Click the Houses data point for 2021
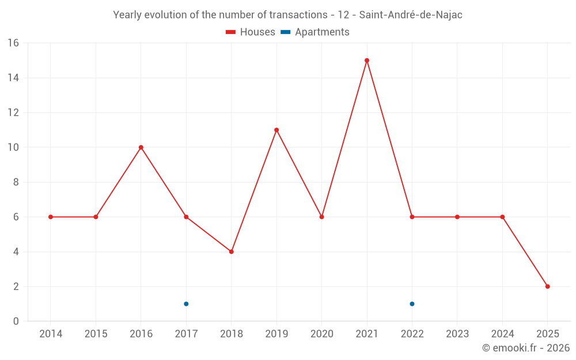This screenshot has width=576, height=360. pyautogui.click(x=367, y=60)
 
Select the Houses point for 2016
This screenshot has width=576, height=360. pyautogui.click(x=141, y=147)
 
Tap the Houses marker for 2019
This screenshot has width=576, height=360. pyautogui.click(x=276, y=130)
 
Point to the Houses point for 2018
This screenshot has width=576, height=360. pyautogui.click(x=232, y=252)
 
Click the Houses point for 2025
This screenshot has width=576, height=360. pyautogui.click(x=548, y=286)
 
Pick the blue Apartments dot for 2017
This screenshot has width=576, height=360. pyautogui.click(x=186, y=304)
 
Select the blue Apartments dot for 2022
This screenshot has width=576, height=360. pyautogui.click(x=412, y=304)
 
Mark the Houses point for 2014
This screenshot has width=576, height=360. pyautogui.click(x=51, y=217)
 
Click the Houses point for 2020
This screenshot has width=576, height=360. pyautogui.click(x=321, y=217)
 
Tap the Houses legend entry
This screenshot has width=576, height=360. pyautogui.click(x=251, y=32)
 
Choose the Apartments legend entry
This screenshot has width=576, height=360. pyautogui.click(x=315, y=32)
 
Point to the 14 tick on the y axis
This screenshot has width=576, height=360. pyautogui.click(x=13, y=78)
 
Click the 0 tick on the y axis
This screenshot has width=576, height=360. pyautogui.click(x=16, y=321)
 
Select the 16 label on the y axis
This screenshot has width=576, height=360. pyautogui.click(x=13, y=43)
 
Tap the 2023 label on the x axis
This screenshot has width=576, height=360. pyautogui.click(x=457, y=334)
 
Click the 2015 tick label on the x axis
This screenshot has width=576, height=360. pyautogui.click(x=96, y=334)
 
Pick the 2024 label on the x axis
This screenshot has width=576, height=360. pyautogui.click(x=502, y=334)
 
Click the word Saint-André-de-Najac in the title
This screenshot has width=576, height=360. pyautogui.click(x=411, y=15)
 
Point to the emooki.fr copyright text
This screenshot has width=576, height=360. pyautogui.click(x=526, y=348)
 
